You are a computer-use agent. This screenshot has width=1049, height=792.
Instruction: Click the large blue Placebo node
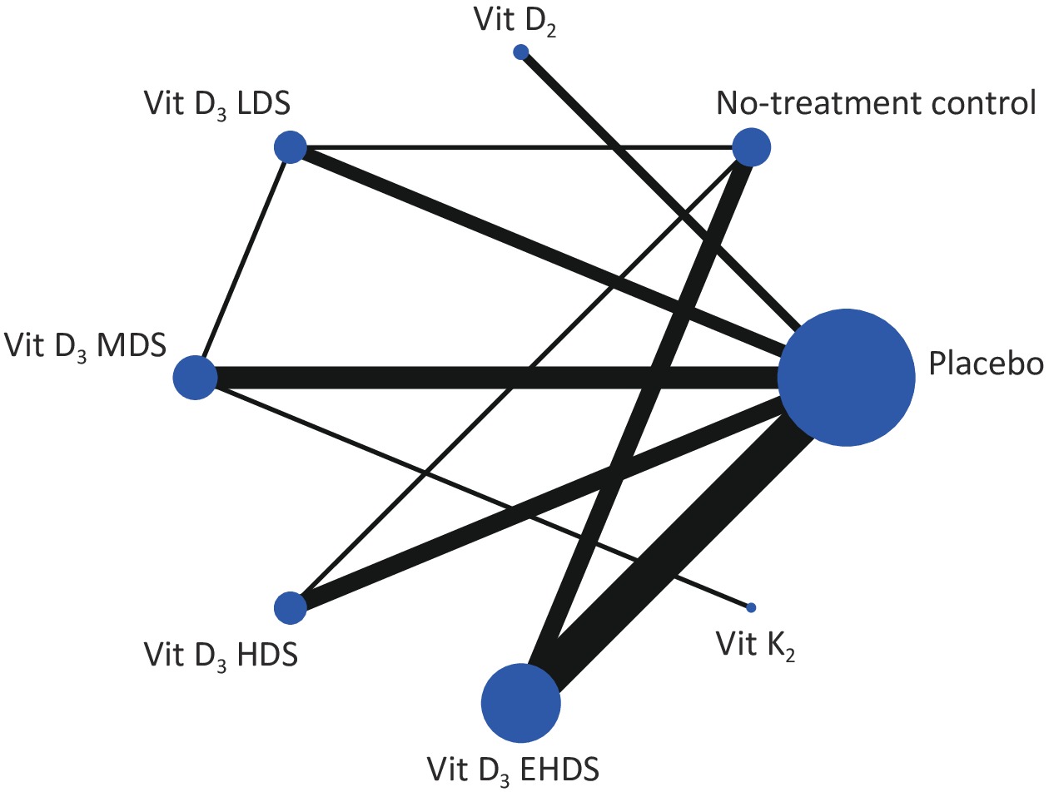click(846, 377)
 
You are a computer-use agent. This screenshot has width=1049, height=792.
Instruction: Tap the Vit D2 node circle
click(520, 52)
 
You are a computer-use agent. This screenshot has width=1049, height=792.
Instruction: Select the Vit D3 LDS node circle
click(291, 147)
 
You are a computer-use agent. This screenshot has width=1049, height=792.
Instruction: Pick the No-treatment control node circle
click(751, 147)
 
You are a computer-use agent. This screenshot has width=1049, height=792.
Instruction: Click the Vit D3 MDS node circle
click(195, 377)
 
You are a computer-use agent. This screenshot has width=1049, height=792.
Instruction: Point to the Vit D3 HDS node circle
click(291, 607)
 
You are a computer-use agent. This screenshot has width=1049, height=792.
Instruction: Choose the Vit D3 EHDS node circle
click(520, 703)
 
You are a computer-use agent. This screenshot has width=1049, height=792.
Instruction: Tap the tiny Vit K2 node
click(751, 607)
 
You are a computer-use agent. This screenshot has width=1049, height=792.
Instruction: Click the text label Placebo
click(986, 364)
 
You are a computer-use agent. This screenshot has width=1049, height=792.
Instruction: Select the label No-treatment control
click(877, 102)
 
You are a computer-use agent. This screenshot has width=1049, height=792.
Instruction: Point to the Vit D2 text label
click(515, 22)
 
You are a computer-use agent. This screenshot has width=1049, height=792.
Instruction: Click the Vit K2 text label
click(755, 646)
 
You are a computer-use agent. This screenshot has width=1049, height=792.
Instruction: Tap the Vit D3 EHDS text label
click(513, 770)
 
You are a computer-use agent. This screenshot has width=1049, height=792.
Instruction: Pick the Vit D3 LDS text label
click(217, 105)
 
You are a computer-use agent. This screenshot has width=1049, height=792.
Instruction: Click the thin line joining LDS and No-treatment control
click(520, 147)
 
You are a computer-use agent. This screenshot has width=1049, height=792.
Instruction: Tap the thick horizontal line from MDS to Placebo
click(498, 378)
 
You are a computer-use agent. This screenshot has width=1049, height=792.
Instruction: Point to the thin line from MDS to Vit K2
click(480, 496)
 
